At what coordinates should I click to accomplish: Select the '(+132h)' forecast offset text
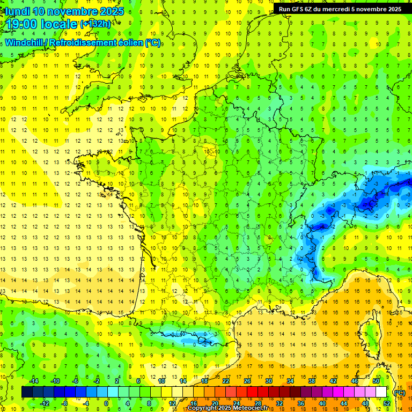pyautogui.click(x=95, y=24)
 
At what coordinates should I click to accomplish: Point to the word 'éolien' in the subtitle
pyautogui.click(x=127, y=43)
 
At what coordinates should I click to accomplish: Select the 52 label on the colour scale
pyautogui.click(x=386, y=403)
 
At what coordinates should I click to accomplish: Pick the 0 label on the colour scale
pyautogui.click(x=106, y=403)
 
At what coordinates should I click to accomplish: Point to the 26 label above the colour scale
pyautogui.click(x=247, y=381)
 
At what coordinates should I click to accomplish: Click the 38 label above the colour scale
pyautogui.click(x=311, y=381)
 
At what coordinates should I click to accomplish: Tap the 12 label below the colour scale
pyautogui.click(x=172, y=403)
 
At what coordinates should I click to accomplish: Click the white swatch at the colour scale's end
pyautogui.click(x=381, y=392)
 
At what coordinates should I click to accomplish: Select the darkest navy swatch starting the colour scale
pyautogui.click(x=27, y=392)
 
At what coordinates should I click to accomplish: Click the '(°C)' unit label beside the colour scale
pyautogui.click(x=399, y=393)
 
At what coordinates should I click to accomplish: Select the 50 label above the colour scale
pyautogui.click(x=376, y=381)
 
